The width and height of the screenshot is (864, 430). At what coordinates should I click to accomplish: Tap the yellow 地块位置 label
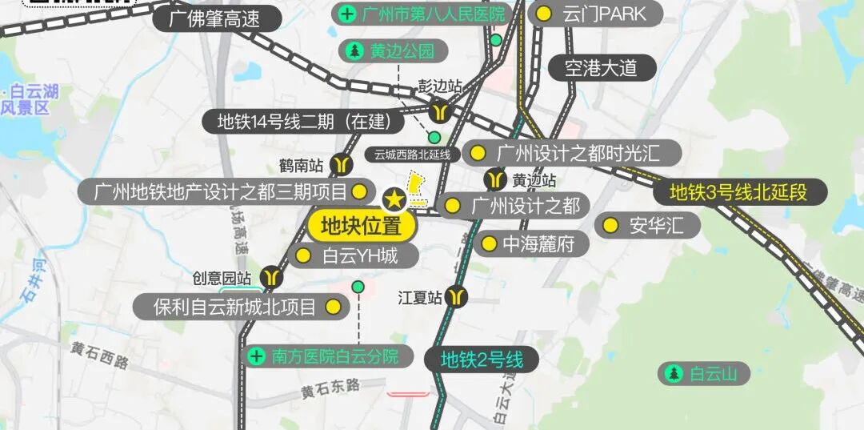[x=361, y=226]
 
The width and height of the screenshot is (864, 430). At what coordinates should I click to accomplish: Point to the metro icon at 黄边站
[x=495, y=179]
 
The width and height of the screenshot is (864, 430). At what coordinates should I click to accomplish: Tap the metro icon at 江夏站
[x=457, y=297]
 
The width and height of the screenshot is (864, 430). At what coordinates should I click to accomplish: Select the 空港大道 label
[x=601, y=67]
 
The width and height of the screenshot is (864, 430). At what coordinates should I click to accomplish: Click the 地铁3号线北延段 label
[x=738, y=192]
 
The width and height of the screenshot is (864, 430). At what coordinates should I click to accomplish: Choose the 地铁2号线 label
[x=482, y=360]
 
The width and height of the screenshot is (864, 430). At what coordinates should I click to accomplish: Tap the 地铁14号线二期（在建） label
[x=303, y=122]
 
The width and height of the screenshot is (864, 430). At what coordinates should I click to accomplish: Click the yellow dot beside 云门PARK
[x=544, y=14]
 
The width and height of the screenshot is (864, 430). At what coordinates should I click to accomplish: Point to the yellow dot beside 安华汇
[x=610, y=226]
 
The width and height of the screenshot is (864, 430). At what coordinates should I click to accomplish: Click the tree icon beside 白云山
[x=674, y=373]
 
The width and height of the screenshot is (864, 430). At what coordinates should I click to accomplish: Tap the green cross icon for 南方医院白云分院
[x=257, y=356]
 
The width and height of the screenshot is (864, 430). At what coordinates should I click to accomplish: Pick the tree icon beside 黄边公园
[x=354, y=51]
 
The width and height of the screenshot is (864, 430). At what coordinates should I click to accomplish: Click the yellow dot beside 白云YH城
[x=303, y=256]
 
